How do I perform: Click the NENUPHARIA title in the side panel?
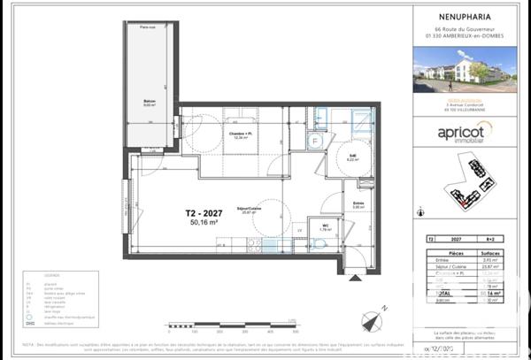465,14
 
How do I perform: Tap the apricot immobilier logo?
465,132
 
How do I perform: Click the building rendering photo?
465,69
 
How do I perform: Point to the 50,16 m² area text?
205,224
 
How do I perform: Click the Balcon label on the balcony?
150,102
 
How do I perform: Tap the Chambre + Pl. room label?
237,134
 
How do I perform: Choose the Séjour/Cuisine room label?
248,210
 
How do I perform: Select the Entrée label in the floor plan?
358,203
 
